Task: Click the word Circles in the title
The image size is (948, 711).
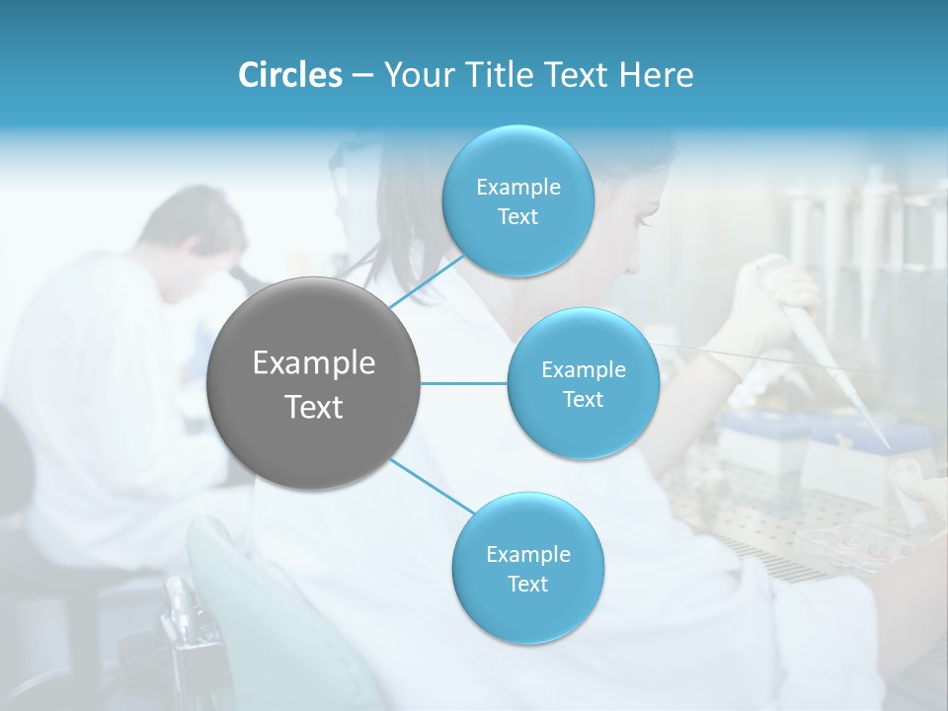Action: [290, 74]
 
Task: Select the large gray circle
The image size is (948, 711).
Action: [313, 384]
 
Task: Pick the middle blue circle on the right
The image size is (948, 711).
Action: [583, 384]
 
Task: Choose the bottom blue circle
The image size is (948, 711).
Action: [527, 569]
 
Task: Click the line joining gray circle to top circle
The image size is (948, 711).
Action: [427, 281]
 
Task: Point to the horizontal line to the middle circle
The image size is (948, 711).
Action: [463, 383]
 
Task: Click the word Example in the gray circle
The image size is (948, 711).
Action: [313, 363]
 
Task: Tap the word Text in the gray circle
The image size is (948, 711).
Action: [313, 407]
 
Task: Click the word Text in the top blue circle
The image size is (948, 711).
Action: [517, 216]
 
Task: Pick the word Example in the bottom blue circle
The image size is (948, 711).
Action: [527, 554]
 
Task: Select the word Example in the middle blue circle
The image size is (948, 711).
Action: [583, 370]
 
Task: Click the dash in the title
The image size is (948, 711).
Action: [362, 75]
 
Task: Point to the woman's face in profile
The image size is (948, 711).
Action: [642, 212]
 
